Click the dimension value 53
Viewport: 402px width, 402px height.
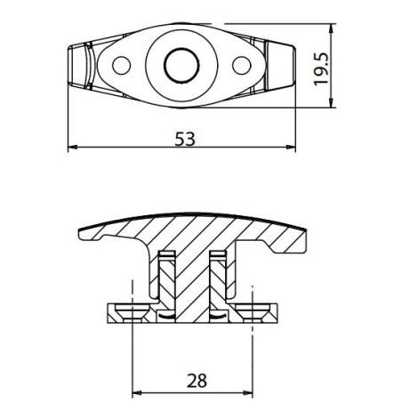click(x=185, y=139)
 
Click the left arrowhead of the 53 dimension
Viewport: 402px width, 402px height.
click(x=74, y=148)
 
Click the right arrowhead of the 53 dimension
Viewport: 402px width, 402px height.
click(x=298, y=148)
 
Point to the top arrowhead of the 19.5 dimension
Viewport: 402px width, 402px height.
click(x=334, y=27)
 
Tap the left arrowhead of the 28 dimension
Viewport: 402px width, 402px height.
click(x=137, y=392)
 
